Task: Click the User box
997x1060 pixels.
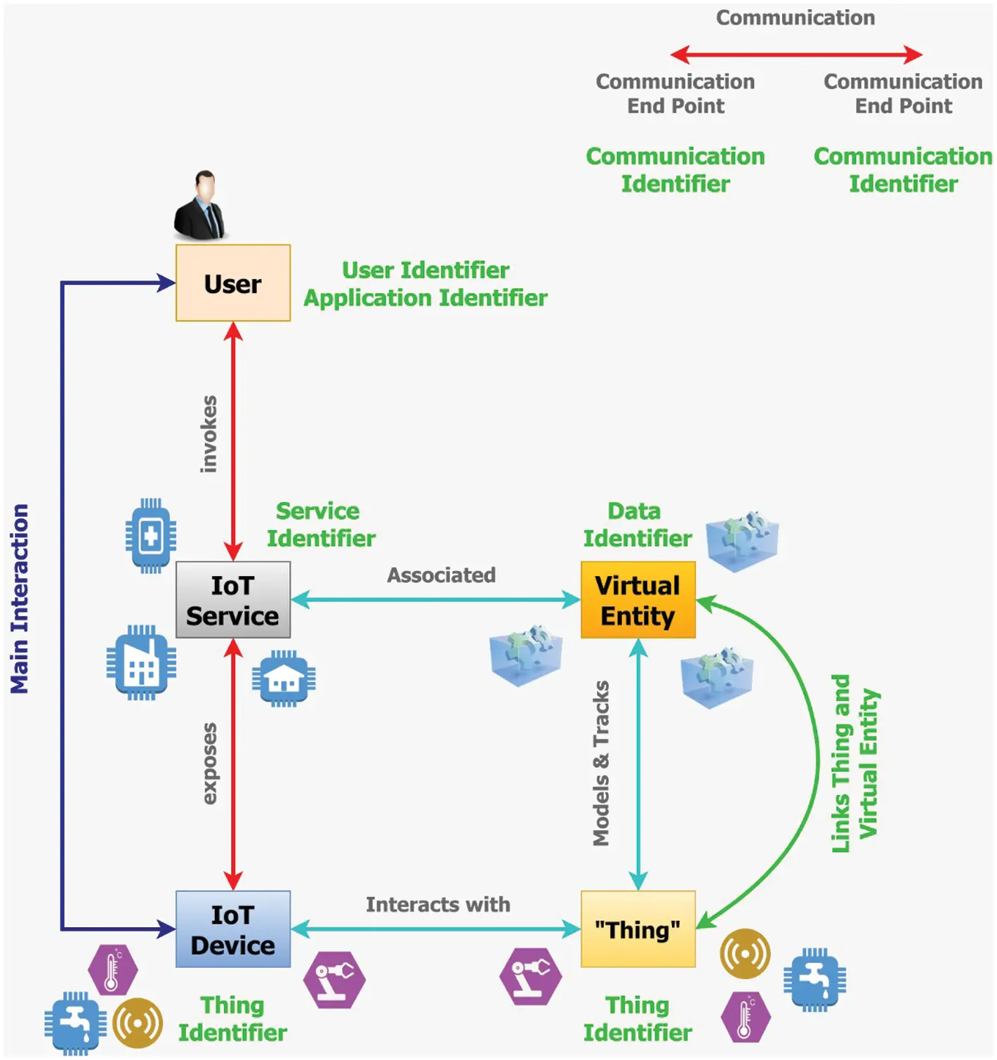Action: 232,283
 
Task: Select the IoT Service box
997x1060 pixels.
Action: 232,600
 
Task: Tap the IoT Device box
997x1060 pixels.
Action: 232,929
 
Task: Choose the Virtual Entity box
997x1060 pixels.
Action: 638,600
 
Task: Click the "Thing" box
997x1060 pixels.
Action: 638,929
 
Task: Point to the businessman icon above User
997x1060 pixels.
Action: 201,205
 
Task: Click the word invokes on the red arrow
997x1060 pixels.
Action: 209,433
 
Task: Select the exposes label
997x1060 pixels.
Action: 209,763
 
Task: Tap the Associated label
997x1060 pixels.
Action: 441,575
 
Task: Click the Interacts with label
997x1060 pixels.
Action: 437,905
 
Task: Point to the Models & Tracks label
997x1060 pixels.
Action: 601,763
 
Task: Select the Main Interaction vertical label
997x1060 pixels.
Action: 20,598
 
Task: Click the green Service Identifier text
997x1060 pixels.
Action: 320,525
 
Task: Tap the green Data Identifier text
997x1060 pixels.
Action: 637,525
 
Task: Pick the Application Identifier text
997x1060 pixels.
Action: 425,298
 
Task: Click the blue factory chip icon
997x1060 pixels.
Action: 141,662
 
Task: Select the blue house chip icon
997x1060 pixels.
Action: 284,679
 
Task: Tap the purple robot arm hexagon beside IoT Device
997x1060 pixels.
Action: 334,980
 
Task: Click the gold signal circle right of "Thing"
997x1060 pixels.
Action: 745,954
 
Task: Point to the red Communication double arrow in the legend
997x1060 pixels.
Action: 795,54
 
